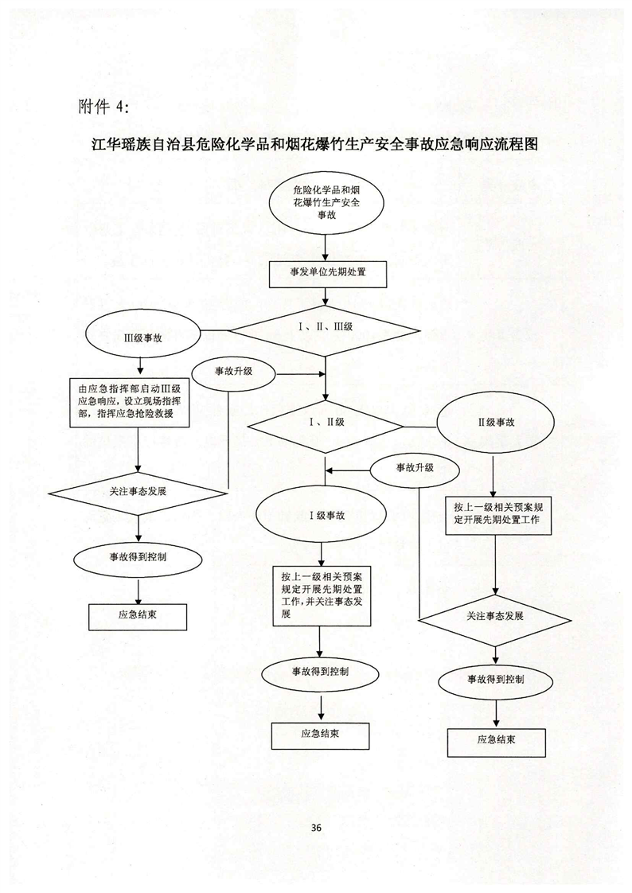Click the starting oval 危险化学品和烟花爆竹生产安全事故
click(326, 203)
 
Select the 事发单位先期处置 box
click(327, 274)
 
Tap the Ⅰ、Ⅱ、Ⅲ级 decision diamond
click(325, 328)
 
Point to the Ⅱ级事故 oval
click(495, 422)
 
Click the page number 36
click(316, 828)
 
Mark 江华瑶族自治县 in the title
click(138, 146)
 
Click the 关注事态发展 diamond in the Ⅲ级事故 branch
click(140, 491)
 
